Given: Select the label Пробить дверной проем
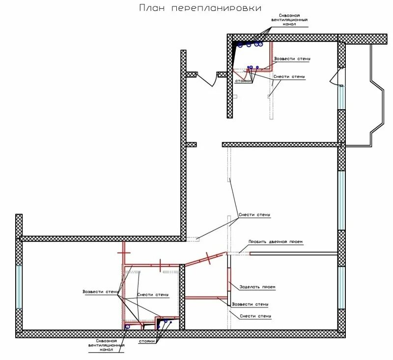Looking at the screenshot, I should (x=276, y=242).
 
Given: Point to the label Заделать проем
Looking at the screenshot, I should (x=257, y=287).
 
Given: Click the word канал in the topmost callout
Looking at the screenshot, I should (x=289, y=24).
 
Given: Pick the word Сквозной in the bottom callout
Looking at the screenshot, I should (x=107, y=340).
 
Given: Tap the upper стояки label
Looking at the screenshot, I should (x=243, y=81).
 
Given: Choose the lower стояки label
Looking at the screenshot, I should (x=147, y=341).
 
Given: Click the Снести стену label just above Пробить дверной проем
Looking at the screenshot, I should (x=254, y=215).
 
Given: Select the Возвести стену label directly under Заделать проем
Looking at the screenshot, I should (x=251, y=304).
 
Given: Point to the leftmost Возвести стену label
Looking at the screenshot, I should (x=100, y=292).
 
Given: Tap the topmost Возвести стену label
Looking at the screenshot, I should (x=293, y=59).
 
